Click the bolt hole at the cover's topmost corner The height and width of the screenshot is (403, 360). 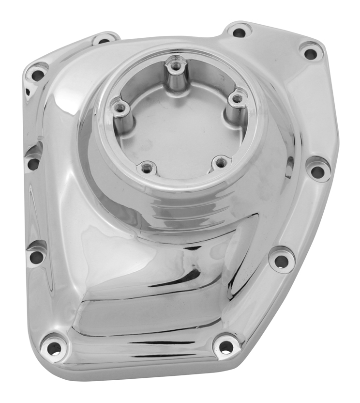point(239,33)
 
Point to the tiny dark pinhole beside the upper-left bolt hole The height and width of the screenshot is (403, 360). point(28,90)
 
